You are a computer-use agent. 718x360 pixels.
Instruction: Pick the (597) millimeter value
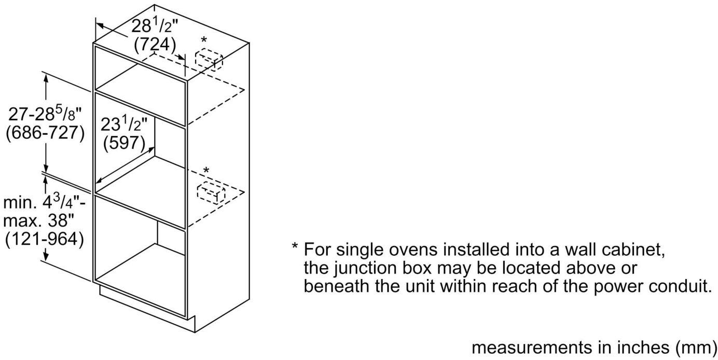(125, 143)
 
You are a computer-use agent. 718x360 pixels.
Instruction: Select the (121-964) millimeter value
(44, 240)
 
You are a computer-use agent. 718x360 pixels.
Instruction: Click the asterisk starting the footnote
(295, 250)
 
